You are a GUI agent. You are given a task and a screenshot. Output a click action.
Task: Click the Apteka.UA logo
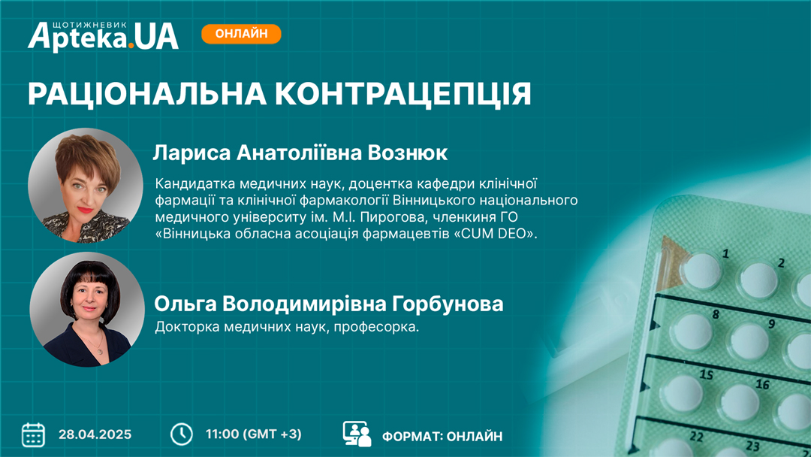click(103, 36)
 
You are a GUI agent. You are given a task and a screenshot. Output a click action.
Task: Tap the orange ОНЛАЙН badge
click(241, 34)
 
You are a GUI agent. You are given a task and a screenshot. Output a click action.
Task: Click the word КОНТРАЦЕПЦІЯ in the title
click(403, 94)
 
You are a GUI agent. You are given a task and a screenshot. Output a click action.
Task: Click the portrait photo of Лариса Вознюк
click(86, 186)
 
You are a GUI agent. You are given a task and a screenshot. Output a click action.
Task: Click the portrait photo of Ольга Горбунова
click(87, 310)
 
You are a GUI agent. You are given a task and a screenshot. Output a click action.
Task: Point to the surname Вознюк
click(408, 153)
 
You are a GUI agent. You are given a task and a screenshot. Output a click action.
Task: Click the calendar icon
click(33, 434)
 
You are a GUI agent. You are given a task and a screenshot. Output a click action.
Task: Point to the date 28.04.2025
click(95, 434)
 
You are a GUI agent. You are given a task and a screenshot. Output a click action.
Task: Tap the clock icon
click(182, 434)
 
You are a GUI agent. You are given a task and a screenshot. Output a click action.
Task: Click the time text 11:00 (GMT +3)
click(254, 434)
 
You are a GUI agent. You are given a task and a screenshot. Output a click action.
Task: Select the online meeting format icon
click(357, 434)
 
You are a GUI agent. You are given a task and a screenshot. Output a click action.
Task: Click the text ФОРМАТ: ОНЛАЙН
click(442, 436)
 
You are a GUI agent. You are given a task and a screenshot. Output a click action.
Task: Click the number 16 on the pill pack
click(762, 385)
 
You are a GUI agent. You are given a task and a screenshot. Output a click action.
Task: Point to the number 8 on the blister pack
click(716, 314)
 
